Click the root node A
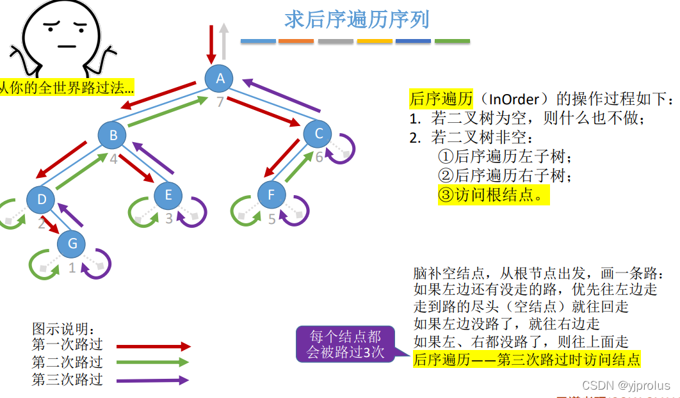pyautogui.click(x=220, y=78)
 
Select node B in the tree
pyautogui.click(x=113, y=135)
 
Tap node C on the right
pyautogui.click(x=318, y=134)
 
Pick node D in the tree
pyautogui.click(x=42, y=200)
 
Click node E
pyautogui.click(x=168, y=195)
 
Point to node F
pyautogui.click(x=271, y=195)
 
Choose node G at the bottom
pyautogui.click(x=72, y=244)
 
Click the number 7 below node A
pyautogui.click(x=220, y=102)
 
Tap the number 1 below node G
pyautogui.click(x=72, y=267)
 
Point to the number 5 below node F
pyautogui.click(x=271, y=219)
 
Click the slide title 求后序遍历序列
pyautogui.click(x=357, y=19)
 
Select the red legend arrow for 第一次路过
pyautogui.click(x=154, y=346)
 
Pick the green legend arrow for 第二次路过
pyautogui.click(x=154, y=363)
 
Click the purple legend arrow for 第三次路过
pyautogui.click(x=154, y=380)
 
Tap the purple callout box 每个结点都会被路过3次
pyautogui.click(x=345, y=344)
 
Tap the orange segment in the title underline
pyautogui.click(x=296, y=42)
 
